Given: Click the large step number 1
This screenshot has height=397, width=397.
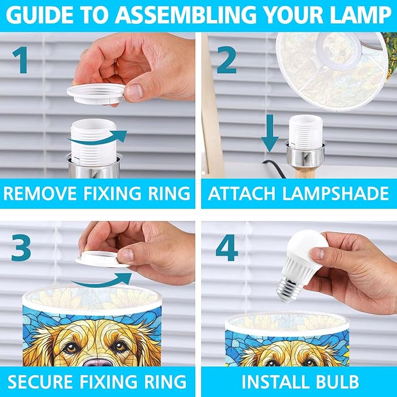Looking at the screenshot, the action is coord(20,60).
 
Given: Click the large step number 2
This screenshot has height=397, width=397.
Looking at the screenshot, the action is coord(227,60).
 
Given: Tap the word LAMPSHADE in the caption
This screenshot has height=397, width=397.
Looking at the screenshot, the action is coord(335,194).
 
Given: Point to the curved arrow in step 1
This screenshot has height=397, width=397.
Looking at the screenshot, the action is coord(98,138).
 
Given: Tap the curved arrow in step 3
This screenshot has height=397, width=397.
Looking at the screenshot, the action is coord(101,281).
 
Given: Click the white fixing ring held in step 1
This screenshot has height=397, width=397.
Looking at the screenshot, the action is coord(96,94).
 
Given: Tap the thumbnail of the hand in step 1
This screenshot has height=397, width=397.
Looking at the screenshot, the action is coord(134,92).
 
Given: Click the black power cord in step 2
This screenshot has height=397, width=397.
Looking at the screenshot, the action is coord(275,168).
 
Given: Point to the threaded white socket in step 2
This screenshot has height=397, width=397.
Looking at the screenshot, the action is coord(306,132).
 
